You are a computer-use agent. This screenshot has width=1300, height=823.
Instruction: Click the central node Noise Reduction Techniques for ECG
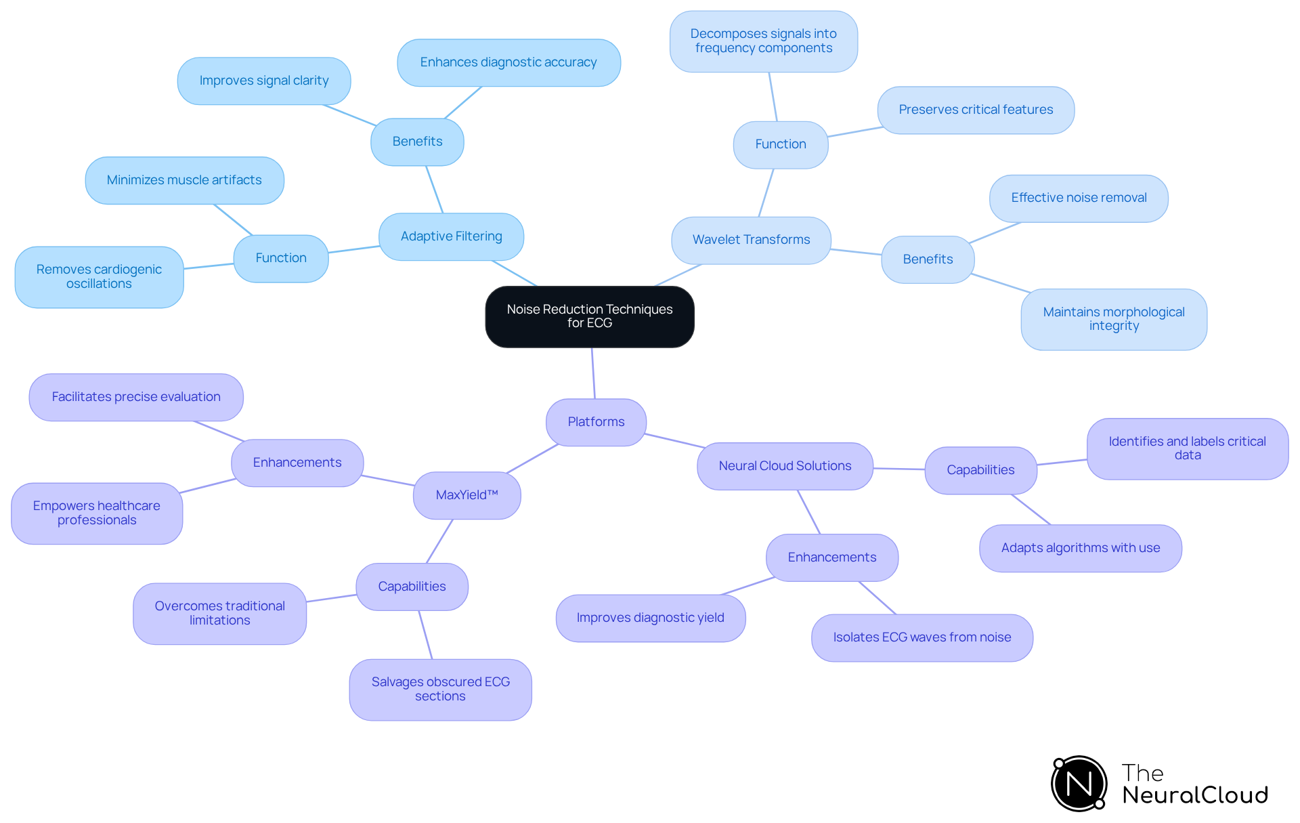click(589, 316)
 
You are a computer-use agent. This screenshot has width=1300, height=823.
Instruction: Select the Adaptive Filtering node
click(451, 236)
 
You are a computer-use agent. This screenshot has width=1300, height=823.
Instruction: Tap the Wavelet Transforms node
click(751, 240)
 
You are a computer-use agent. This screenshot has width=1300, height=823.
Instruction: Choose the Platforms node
click(596, 422)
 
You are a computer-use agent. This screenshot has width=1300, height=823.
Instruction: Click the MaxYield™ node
click(467, 495)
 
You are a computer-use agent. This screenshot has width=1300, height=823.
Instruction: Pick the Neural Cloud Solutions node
click(785, 466)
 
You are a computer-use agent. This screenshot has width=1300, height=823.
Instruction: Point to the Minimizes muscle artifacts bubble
click(184, 180)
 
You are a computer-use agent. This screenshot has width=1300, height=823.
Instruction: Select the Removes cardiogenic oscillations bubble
click(99, 276)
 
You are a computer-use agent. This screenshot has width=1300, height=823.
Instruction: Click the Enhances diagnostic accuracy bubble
click(508, 62)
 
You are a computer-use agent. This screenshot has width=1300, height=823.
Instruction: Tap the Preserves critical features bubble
click(976, 110)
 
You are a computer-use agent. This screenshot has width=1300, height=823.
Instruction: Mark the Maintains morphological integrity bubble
click(1114, 319)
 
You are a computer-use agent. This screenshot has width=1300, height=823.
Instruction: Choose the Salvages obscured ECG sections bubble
click(440, 689)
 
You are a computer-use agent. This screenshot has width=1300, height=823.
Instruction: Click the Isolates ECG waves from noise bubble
click(922, 637)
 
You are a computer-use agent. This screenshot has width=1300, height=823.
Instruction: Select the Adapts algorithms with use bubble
click(1080, 548)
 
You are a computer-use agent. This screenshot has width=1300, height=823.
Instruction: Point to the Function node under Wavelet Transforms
click(781, 144)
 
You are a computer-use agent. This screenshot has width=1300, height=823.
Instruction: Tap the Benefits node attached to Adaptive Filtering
click(417, 142)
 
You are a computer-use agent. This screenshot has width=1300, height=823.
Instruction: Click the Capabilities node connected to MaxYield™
click(412, 587)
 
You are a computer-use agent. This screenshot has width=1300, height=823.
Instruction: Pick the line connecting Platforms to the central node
click(593, 373)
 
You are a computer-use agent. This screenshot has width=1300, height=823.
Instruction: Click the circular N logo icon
click(1079, 784)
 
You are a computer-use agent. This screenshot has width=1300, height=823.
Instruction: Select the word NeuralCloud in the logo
click(1195, 795)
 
